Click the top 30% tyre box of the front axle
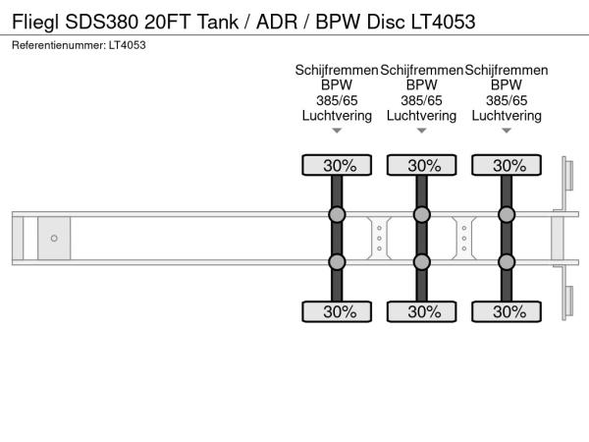coord(337,165)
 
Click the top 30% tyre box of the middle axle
coord(422,165)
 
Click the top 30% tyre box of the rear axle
coord(507,165)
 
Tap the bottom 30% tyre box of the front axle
coord(337,312)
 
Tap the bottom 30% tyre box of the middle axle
coord(422,312)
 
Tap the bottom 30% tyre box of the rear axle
coord(507,312)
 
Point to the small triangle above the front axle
coord(337,131)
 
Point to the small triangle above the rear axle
coord(507,131)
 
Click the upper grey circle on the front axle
coord(337,215)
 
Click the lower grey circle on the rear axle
coord(507,261)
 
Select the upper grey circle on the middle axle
coord(422,215)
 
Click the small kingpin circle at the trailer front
coord(54,239)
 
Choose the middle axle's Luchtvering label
coord(422,115)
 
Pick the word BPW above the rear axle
coord(507,85)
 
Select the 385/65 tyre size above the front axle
coord(337,100)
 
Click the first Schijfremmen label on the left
coord(337,70)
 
